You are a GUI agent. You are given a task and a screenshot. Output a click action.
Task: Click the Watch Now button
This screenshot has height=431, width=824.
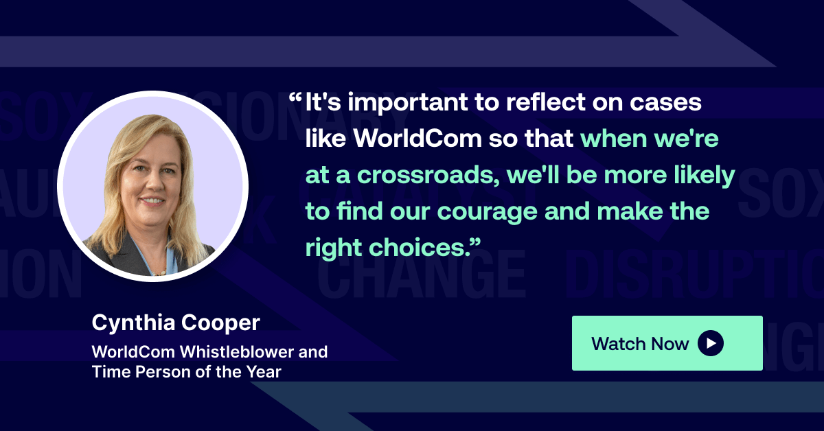[667, 343]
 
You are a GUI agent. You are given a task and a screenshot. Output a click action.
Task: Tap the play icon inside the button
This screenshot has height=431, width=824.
[711, 343]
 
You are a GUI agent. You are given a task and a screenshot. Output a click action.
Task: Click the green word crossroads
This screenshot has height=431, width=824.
[416, 176]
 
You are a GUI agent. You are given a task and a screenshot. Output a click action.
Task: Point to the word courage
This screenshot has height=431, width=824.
[489, 212]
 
